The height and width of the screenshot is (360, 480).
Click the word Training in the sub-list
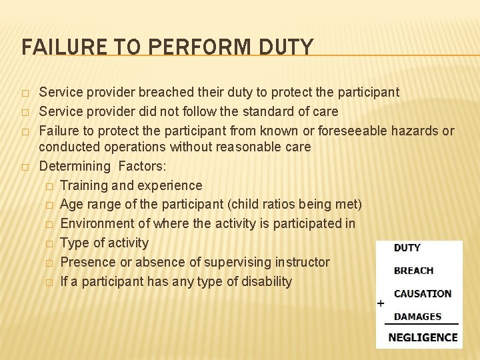85,185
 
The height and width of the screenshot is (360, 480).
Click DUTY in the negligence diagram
407,248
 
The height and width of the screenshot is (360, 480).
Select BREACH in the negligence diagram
413,271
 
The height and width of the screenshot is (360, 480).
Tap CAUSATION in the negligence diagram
422,293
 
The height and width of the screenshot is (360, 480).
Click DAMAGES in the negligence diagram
417,317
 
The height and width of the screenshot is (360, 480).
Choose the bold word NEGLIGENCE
423,337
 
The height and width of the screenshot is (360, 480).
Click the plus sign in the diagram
381,303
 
